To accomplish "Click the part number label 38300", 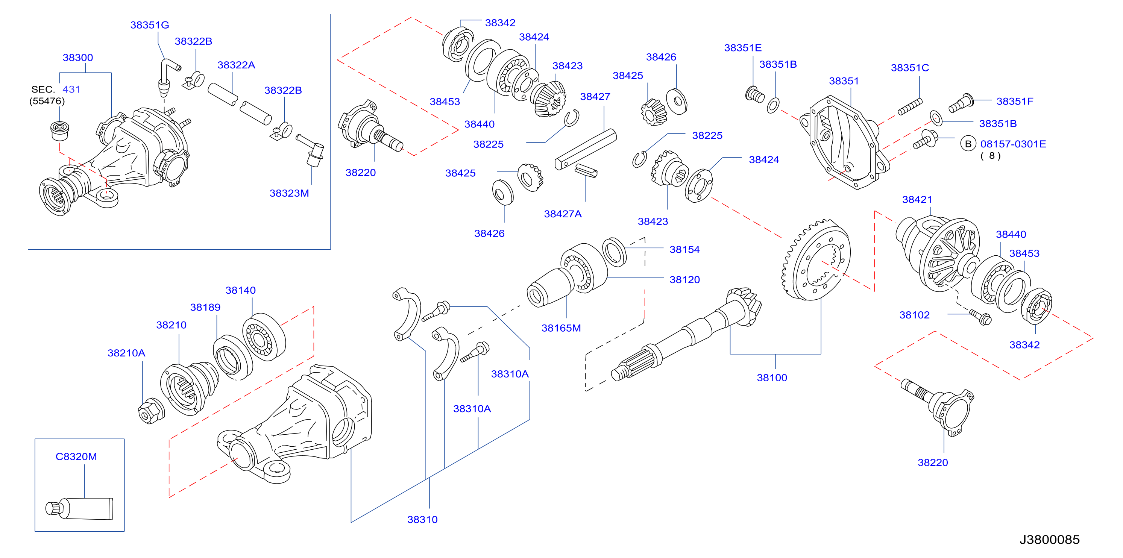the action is [x=77, y=58].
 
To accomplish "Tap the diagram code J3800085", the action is [x=1049, y=540].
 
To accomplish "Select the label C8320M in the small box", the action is [x=76, y=456].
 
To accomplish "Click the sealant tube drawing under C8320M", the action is [x=79, y=509].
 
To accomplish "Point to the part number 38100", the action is [x=772, y=378].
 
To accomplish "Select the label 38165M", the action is [x=561, y=328].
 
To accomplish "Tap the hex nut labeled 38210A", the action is [x=151, y=411].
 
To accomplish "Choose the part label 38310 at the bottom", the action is [x=422, y=519].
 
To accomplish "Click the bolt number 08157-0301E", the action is [x=1013, y=144].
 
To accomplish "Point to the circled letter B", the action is [x=968, y=144].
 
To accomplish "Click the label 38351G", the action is [x=150, y=25].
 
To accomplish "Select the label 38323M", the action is [x=289, y=193].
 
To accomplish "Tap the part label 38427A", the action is [x=563, y=214].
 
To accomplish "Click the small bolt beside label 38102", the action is [x=980, y=317].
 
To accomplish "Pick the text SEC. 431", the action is [x=56, y=89].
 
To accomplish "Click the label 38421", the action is [x=917, y=199].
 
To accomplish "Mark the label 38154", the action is [x=684, y=249].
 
